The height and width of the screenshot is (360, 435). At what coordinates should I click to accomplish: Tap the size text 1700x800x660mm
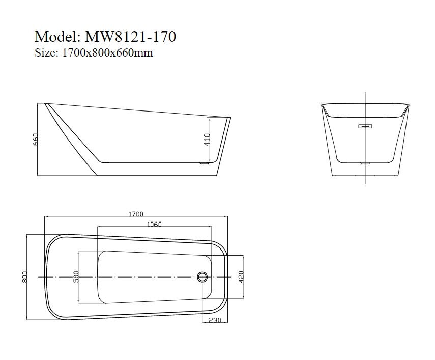point(107,52)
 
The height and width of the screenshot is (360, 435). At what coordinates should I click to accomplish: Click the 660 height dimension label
point(36,140)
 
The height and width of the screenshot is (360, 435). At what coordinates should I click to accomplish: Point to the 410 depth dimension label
point(207,140)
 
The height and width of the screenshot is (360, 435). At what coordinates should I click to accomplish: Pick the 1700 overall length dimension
point(136,214)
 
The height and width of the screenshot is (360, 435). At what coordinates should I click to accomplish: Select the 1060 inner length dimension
point(154,225)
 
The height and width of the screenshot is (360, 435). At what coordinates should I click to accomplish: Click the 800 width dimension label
point(24,277)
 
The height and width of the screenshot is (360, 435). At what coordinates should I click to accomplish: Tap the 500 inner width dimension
point(76,277)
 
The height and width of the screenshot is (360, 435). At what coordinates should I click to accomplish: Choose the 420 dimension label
point(241,277)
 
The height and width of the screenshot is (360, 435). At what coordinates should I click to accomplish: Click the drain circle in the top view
point(202,277)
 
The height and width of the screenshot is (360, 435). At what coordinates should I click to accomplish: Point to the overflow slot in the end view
point(366,126)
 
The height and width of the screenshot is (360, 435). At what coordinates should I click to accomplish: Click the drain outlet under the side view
point(204,164)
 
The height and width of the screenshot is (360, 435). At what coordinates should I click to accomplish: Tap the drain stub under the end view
point(366,164)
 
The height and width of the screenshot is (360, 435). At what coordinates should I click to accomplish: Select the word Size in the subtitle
point(45,52)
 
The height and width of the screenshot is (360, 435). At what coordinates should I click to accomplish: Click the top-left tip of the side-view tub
point(45,104)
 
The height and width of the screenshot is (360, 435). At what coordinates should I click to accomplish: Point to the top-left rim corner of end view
point(322,105)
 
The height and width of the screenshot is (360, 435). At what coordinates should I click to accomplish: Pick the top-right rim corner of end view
point(409,105)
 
